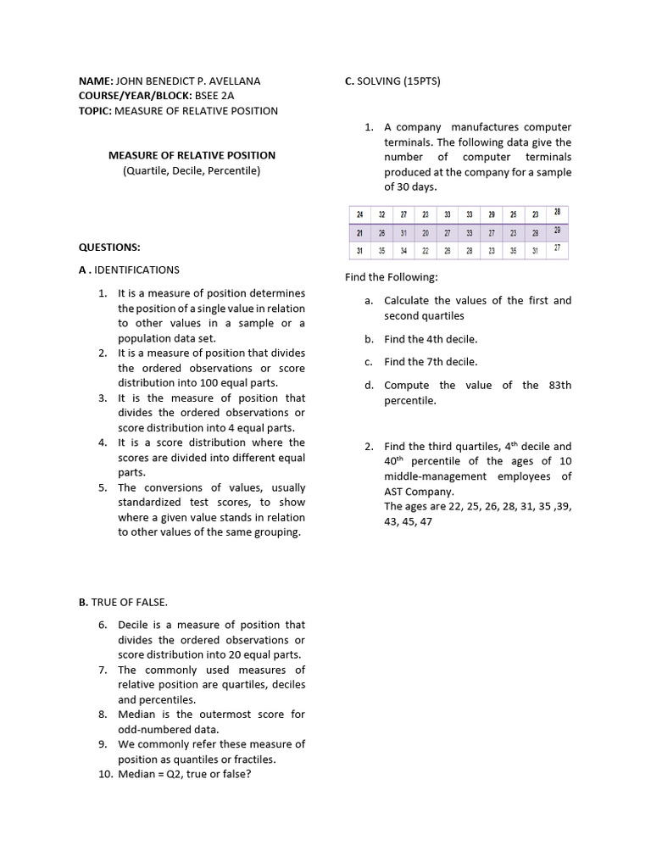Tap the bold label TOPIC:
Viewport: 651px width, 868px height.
pyautogui.click(x=95, y=111)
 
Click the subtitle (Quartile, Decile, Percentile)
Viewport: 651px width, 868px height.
pyautogui.click(x=192, y=170)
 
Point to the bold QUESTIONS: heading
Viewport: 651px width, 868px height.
pyautogui.click(x=109, y=247)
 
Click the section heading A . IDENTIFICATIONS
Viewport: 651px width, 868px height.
pyautogui.click(x=129, y=270)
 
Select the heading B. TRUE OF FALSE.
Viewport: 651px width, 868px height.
pyautogui.click(x=123, y=602)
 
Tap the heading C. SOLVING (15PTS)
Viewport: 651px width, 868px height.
pyautogui.click(x=392, y=81)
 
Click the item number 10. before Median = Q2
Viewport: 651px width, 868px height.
pyautogui.click(x=106, y=774)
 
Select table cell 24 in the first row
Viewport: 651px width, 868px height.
pyautogui.click(x=360, y=215)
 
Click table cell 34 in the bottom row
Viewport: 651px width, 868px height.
pyautogui.click(x=403, y=251)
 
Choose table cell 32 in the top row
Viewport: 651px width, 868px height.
pyautogui.click(x=381, y=215)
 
